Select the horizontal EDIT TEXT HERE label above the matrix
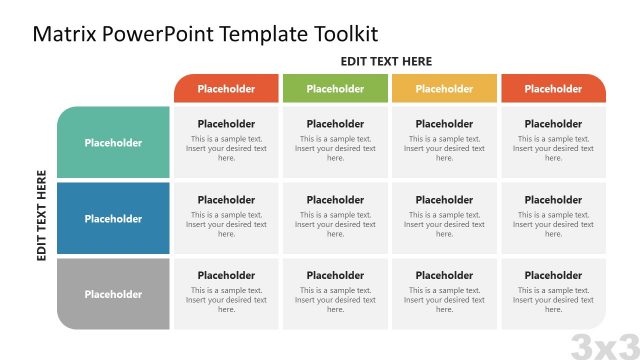(386, 61)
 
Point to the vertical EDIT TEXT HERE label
(42, 216)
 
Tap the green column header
(335, 89)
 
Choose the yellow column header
(444, 89)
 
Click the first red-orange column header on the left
(226, 89)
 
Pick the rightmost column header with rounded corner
(553, 89)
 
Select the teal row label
(113, 143)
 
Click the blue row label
(113, 219)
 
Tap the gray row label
(113, 294)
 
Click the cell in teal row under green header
(335, 142)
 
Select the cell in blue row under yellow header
(444, 218)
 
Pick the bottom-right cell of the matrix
(553, 293)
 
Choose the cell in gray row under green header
(335, 293)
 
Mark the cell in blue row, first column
(226, 218)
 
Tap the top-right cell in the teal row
(553, 142)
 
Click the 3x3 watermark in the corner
(604, 346)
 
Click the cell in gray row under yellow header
(444, 293)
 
